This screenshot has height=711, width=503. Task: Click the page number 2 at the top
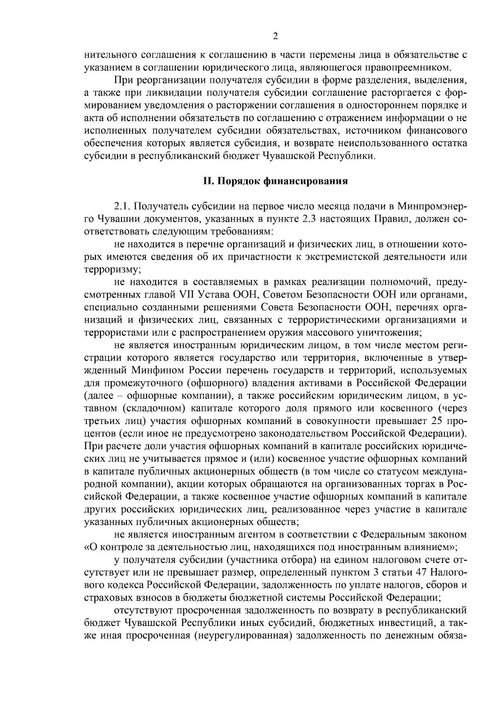click(x=275, y=36)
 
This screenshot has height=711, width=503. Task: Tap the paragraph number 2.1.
click(x=122, y=207)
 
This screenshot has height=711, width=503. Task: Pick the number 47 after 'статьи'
click(x=421, y=572)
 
